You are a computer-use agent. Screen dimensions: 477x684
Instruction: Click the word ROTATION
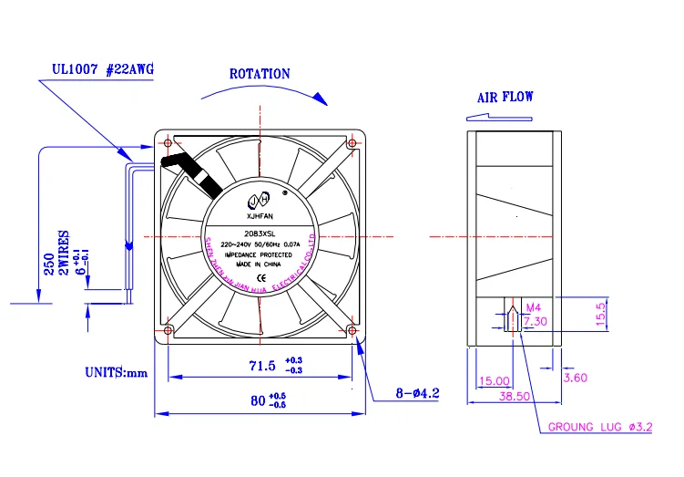click(260, 74)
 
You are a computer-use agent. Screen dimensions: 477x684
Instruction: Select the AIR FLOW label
click(505, 97)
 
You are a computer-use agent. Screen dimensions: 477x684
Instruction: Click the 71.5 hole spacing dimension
click(262, 366)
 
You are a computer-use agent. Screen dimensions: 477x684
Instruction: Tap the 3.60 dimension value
click(575, 377)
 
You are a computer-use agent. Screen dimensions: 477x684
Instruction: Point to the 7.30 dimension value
click(535, 320)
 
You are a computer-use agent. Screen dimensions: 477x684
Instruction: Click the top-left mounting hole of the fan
click(168, 142)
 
